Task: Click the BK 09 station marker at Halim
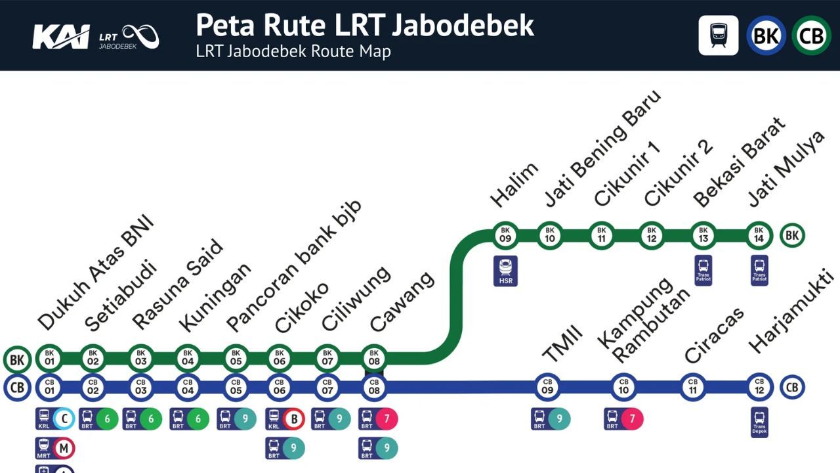[505, 235]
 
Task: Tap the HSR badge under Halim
[505, 271]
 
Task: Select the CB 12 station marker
[759, 386]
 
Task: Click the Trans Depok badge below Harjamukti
[759, 422]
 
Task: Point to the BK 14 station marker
[759, 235]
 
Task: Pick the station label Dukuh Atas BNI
[95, 272]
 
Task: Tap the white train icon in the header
[718, 35]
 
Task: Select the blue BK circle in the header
[766, 35]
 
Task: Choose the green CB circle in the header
[811, 35]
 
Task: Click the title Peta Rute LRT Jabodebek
[365, 25]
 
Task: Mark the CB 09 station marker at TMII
[547, 386]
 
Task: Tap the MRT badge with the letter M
[55, 449]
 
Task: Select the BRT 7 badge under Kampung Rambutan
[623, 418]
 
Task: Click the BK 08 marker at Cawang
[374, 357]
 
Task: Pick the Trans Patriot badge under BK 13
[703, 270]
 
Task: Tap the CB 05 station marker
[236, 386]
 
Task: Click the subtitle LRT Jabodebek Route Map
[293, 51]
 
